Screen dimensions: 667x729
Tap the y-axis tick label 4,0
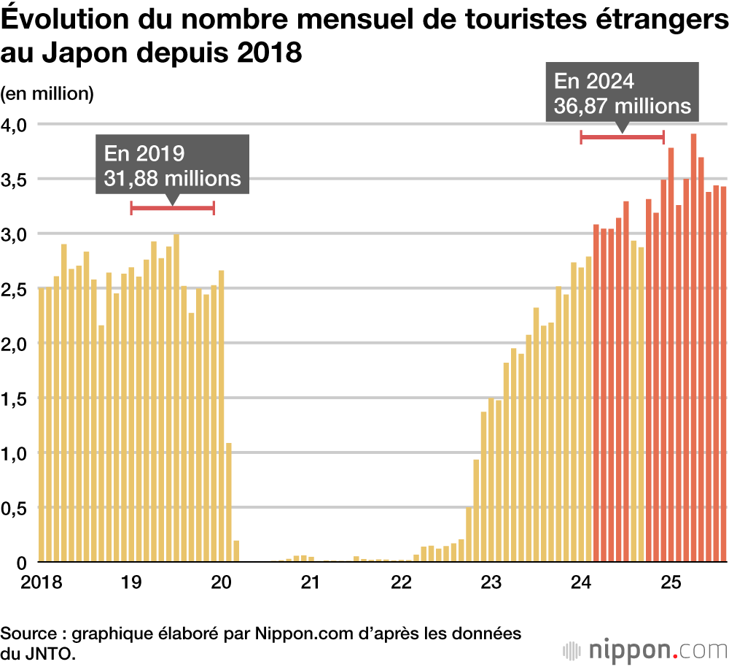coord(15,125)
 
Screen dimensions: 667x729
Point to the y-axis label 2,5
coord(15,289)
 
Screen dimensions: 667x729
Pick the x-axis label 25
coord(671,582)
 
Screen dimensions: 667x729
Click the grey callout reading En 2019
coord(172,165)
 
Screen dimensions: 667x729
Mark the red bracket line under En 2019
coord(172,208)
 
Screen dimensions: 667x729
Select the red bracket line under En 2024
coord(622,136)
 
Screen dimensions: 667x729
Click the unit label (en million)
coord(47,93)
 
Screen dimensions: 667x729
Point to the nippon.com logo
coord(644,649)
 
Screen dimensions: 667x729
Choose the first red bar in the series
coord(596,394)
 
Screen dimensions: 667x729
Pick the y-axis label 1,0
coord(15,453)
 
